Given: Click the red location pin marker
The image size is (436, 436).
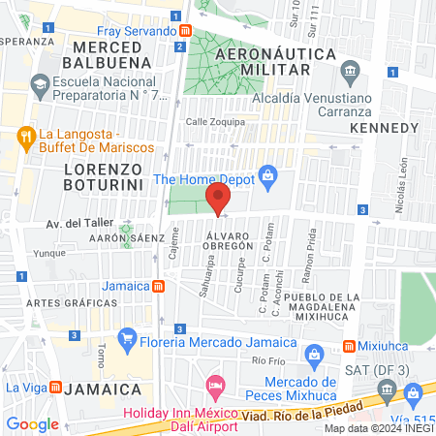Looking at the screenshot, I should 217,201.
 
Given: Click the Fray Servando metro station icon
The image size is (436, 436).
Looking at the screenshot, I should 183,31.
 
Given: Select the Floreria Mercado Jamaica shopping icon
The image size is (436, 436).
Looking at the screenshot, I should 126,341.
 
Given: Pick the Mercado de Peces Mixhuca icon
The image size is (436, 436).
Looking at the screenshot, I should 313,356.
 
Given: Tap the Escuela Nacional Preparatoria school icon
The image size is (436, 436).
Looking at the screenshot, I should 40,85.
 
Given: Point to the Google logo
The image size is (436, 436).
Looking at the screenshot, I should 32,423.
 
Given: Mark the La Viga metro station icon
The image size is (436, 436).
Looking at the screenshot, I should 55,388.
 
